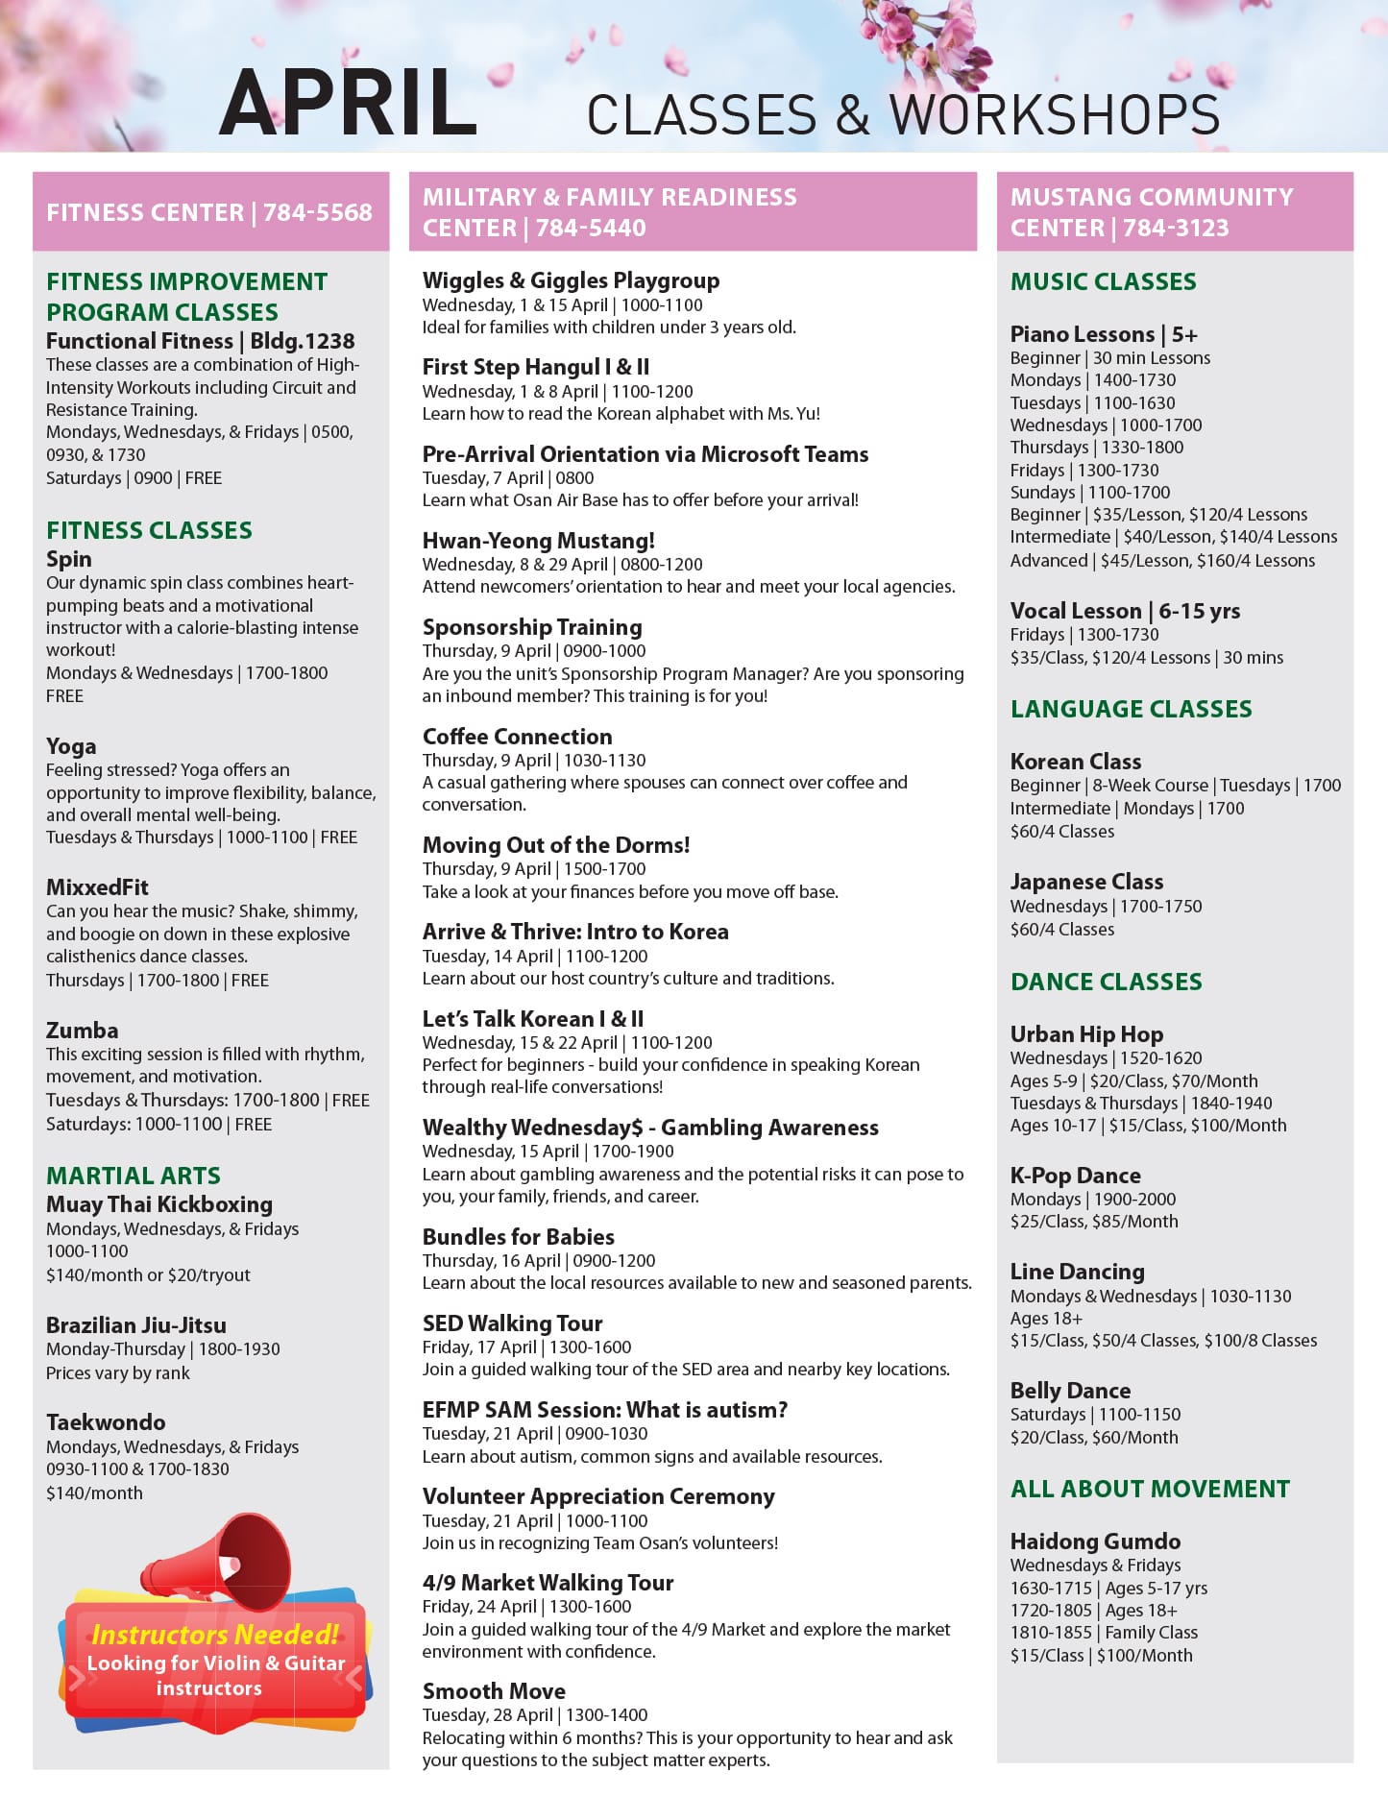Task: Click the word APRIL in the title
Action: [x=348, y=104]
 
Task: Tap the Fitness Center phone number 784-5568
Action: [x=317, y=212]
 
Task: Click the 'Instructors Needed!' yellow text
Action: [x=215, y=1635]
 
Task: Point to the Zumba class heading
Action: [x=83, y=1031]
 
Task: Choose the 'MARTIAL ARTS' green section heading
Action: [x=134, y=1176]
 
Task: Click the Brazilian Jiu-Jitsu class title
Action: [x=136, y=1325]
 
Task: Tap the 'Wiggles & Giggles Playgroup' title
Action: [x=571, y=280]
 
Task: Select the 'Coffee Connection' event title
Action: [x=517, y=737]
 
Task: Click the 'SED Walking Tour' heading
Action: [x=512, y=1323]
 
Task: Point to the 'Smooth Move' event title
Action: [x=494, y=1691]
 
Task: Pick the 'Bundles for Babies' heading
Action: [x=519, y=1237]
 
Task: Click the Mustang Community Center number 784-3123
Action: [x=1176, y=228]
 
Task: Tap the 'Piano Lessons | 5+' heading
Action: [x=1104, y=334]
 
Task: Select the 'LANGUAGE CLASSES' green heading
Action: [x=1131, y=709]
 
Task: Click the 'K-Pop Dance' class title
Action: [x=1075, y=1176]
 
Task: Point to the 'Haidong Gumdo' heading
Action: [x=1095, y=1541]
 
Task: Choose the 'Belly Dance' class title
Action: [x=1070, y=1391]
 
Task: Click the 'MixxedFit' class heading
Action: [x=97, y=887]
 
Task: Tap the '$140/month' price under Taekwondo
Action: [x=94, y=1493]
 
